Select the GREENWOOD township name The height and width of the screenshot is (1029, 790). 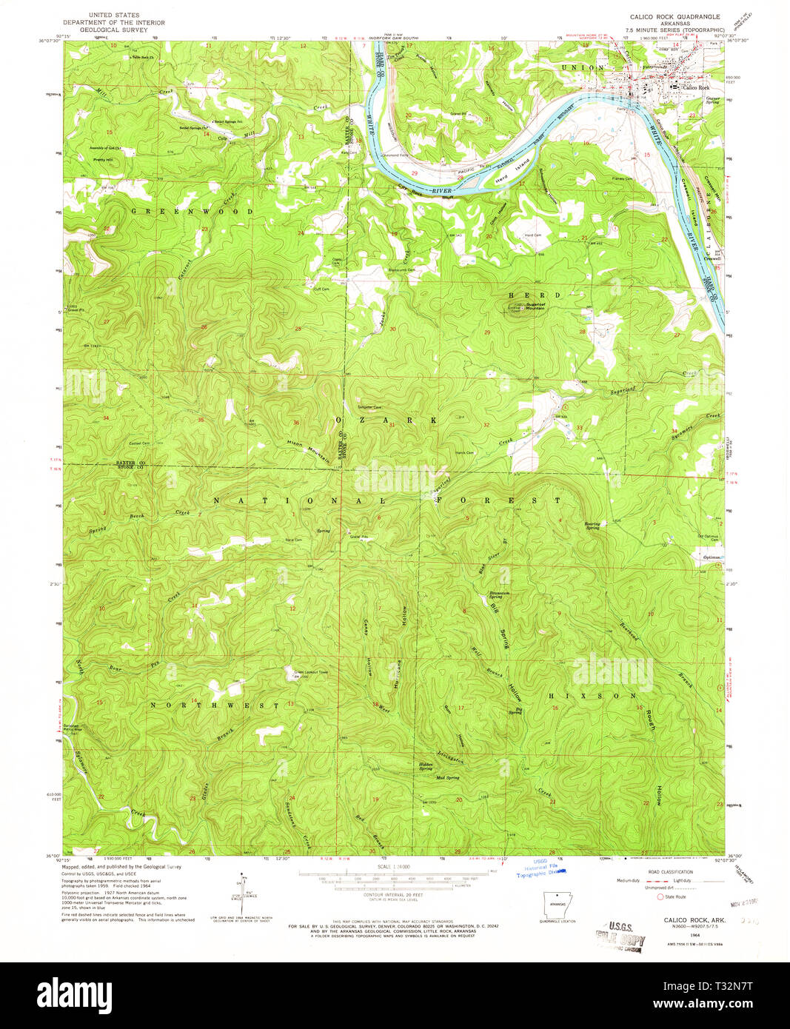click(193, 212)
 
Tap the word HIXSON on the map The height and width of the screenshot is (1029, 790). click(592, 697)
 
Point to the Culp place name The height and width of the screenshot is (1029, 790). click(221, 138)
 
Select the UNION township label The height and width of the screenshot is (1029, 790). click(578, 67)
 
